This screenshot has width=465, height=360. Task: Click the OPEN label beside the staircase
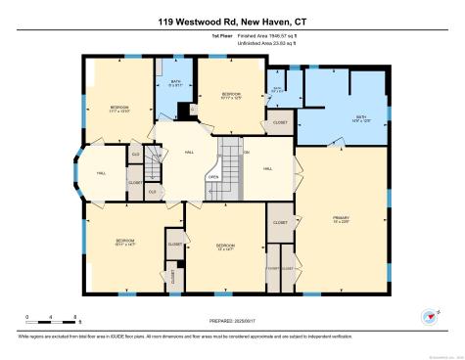[x=212, y=178]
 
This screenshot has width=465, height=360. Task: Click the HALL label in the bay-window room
[x=101, y=172]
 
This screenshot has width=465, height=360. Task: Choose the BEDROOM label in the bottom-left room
[x=125, y=240]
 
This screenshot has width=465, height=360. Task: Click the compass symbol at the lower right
[x=428, y=316]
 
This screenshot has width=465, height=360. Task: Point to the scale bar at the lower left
[x=54, y=319]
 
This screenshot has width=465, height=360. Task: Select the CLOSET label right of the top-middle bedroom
[x=280, y=122]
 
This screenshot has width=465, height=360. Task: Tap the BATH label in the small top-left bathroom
[x=176, y=83]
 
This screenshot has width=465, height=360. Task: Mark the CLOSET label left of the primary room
[x=280, y=223]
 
